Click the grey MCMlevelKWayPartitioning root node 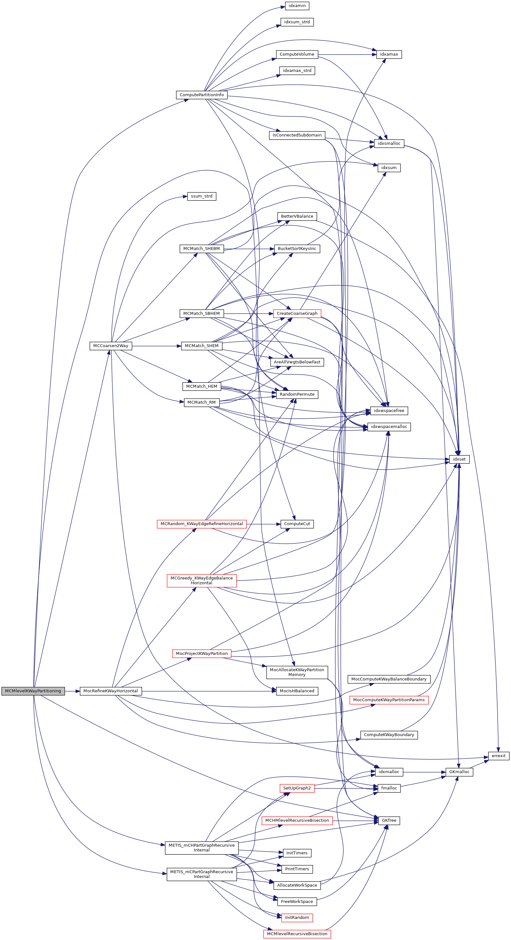[x=33, y=691]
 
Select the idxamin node [x=297, y=6]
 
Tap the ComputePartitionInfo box [x=201, y=95]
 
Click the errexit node [x=498, y=756]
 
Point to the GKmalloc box [x=459, y=772]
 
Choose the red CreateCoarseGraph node [x=297, y=314]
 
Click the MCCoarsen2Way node [x=111, y=346]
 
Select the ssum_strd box [x=201, y=196]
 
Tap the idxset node [x=459, y=459]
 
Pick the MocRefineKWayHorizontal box [x=111, y=691]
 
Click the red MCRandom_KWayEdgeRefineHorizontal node [x=201, y=524]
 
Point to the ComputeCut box [x=297, y=524]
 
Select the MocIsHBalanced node [x=297, y=691]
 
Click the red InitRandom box [x=297, y=917]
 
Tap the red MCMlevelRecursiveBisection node [x=297, y=934]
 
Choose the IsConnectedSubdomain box [x=297, y=135]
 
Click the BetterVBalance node [x=297, y=216]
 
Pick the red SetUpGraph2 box [x=297, y=788]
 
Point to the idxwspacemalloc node [x=389, y=427]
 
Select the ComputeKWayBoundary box [x=389, y=734]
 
